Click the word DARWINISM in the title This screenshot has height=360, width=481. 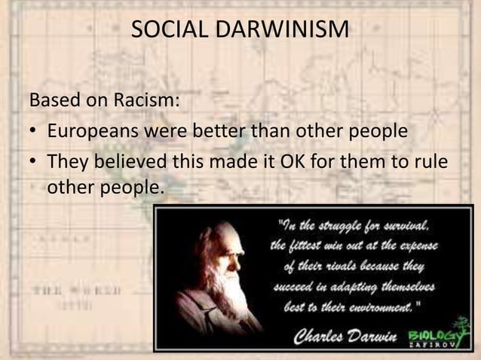click(278, 29)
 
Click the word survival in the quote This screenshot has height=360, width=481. click(406, 224)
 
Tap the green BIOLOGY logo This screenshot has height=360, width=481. click(433, 335)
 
